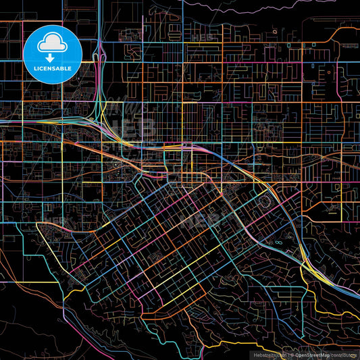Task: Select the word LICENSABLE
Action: [x=53, y=68]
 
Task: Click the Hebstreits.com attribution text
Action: [x=268, y=355]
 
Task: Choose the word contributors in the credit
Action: [x=344, y=355]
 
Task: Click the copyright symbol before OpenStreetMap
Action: [x=294, y=355]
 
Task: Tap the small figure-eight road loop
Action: [x=279, y=240]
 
